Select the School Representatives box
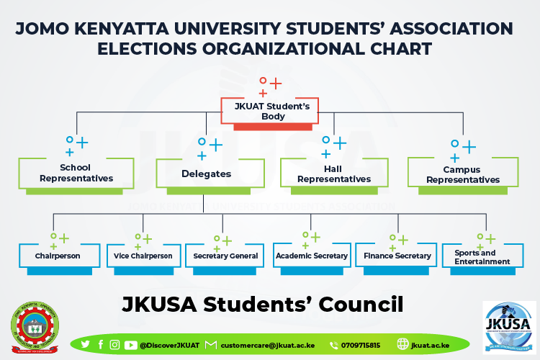pos(76,173)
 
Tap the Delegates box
pos(207,174)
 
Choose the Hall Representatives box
pos(334,174)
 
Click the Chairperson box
pos(58,256)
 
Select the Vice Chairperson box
pos(143,256)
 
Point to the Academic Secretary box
pos(312,256)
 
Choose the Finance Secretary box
pos(397,256)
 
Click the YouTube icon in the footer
pos(130,345)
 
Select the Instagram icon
pos(114,345)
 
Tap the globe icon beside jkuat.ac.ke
pos(402,345)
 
